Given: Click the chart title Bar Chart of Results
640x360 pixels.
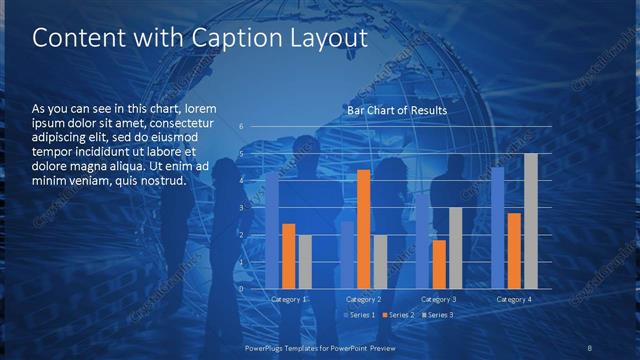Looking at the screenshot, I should coord(397,110).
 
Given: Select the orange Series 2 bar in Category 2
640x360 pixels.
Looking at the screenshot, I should coord(364,229).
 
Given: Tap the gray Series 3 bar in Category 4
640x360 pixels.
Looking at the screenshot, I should coord(531,221).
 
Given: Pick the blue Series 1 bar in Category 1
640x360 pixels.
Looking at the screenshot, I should coord(272,230).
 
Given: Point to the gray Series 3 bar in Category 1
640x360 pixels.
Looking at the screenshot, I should coord(305,262).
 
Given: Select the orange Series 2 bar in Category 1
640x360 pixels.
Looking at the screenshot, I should coord(288,256).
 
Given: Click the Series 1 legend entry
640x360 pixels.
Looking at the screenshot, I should coord(360,315).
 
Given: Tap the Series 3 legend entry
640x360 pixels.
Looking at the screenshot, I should coord(438,315).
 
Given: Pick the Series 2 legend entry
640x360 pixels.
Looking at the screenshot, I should coord(399,315).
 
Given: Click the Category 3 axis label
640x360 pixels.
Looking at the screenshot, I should coord(439,299).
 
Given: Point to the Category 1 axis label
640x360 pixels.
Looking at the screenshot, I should coord(289,299).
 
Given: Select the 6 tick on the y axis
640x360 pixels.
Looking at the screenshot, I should coord(241,127).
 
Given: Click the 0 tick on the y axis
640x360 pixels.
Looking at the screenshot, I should coord(241,289).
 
